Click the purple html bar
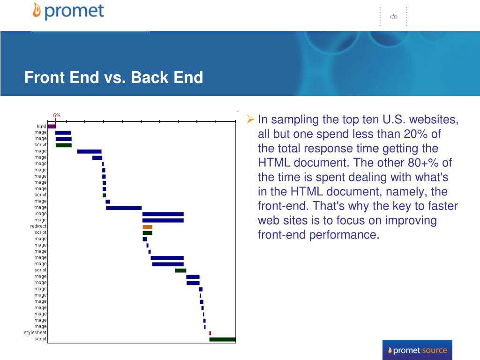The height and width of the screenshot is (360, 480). [x=52, y=127]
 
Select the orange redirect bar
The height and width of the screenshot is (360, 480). [x=147, y=227]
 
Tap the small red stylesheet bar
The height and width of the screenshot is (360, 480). [x=210, y=333]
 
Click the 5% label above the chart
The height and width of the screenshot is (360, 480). [x=57, y=115]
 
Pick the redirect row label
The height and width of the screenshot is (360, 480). [x=38, y=226]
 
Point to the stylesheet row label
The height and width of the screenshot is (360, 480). [x=35, y=332]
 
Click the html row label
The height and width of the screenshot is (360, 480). [x=41, y=127]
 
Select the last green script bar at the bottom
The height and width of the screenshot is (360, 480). [x=223, y=339]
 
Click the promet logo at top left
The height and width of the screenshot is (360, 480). [x=68, y=11]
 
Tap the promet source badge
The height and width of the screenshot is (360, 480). [x=417, y=350]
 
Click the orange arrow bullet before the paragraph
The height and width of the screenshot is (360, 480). [x=250, y=120]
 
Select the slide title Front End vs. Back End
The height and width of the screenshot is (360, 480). [x=113, y=77]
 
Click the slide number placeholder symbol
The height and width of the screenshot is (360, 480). [x=394, y=16]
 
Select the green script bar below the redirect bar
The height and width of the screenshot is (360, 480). [x=147, y=233]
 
